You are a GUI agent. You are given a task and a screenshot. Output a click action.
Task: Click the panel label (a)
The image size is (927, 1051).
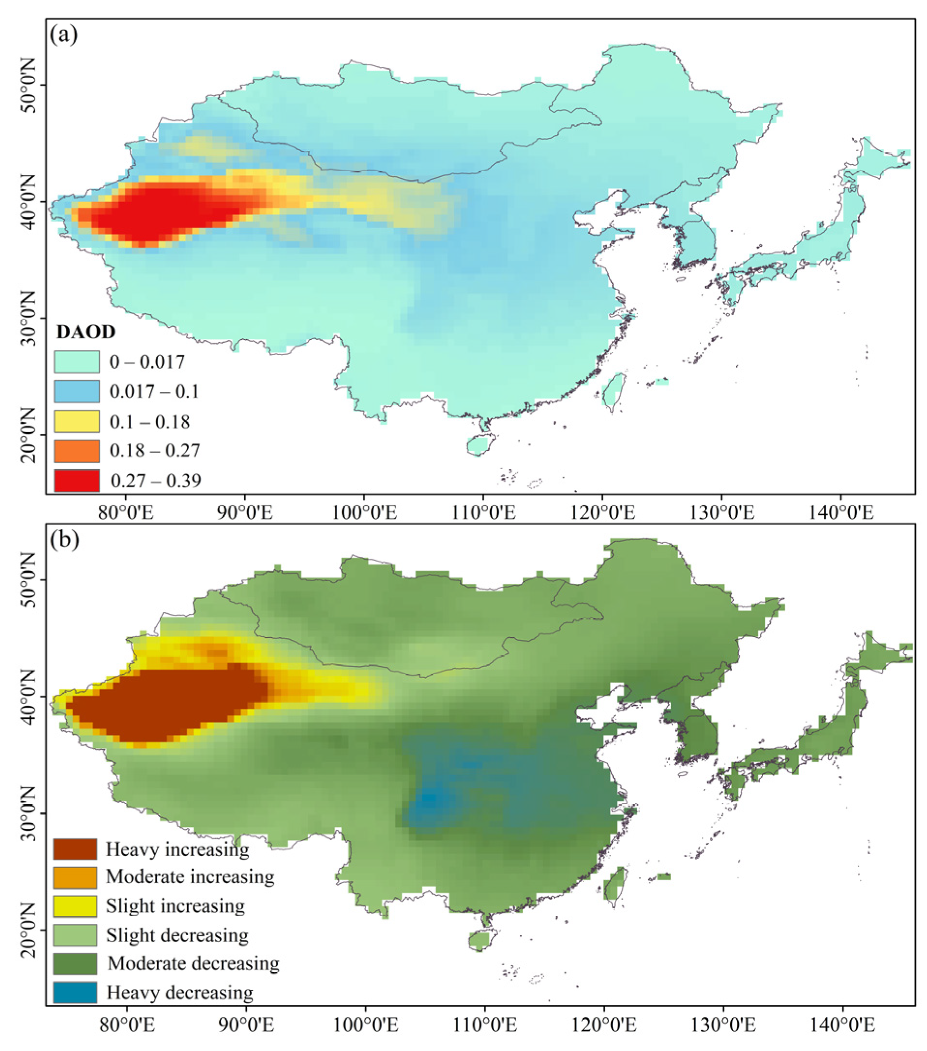pos(64,35)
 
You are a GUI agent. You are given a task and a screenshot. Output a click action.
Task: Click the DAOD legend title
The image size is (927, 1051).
pos(86,332)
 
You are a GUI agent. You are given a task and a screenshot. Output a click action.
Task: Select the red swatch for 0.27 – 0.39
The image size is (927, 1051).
pos(76,481)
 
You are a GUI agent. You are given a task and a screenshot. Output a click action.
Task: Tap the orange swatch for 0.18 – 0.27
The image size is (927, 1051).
pos(76,451)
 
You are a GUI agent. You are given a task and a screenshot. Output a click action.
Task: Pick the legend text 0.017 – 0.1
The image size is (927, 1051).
pos(154,392)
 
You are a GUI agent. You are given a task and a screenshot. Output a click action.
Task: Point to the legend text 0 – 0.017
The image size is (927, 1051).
pos(147,362)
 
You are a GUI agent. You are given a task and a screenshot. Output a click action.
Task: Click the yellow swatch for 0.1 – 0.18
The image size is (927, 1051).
pos(76,422)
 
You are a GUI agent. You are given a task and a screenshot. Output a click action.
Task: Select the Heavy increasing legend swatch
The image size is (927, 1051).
pos(75,849)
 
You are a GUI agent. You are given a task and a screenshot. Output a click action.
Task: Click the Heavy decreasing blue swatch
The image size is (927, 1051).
pos(75,992)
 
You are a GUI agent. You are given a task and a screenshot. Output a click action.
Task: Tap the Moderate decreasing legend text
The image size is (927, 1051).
pos(194,963)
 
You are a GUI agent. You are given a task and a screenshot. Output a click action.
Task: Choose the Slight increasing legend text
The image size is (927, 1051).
pos(176,906)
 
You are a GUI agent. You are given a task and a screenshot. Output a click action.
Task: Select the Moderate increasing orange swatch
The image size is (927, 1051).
pos(75,878)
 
